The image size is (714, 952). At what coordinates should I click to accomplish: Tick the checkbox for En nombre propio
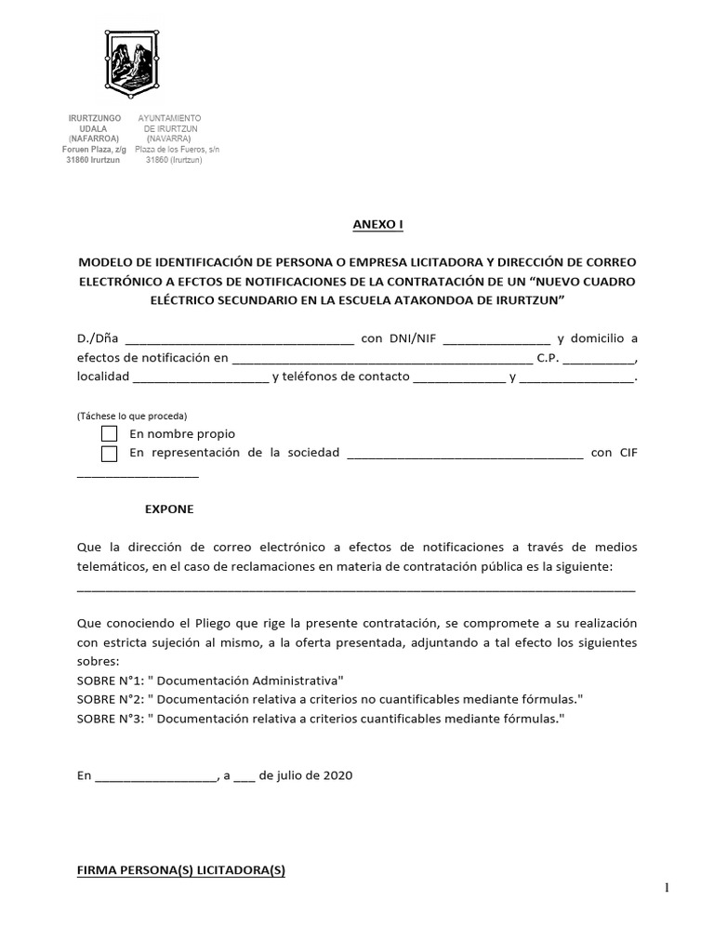[110, 434]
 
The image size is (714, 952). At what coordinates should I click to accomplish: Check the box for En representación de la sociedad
[110, 454]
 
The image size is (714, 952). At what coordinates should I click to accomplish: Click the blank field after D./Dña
[238, 338]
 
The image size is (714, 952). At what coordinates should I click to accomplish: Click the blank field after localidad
[200, 377]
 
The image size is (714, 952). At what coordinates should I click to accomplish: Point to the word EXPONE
[169, 509]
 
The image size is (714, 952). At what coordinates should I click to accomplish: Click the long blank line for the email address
[356, 588]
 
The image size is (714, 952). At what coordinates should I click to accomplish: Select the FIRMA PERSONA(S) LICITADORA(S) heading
[180, 871]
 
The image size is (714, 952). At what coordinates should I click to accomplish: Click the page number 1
[666, 889]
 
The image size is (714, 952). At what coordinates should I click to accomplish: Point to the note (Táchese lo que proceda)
[132, 416]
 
